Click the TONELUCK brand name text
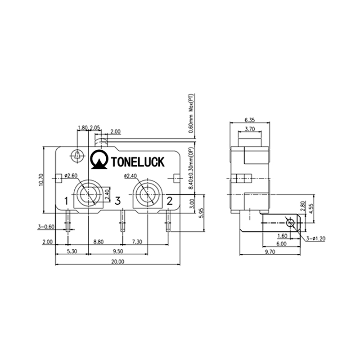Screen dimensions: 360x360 tap(138, 162)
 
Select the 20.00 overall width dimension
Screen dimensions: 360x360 tap(117, 262)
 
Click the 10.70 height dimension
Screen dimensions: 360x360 tap(41, 180)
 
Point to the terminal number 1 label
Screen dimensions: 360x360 tap(66, 201)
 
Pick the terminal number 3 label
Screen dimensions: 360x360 tap(117, 201)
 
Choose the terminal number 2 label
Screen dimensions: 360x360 tap(170, 201)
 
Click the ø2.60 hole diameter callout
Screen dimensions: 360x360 tap(71, 176)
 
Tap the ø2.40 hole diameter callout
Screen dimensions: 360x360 tap(130, 176)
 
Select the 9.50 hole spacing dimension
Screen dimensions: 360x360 tap(118, 252)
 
